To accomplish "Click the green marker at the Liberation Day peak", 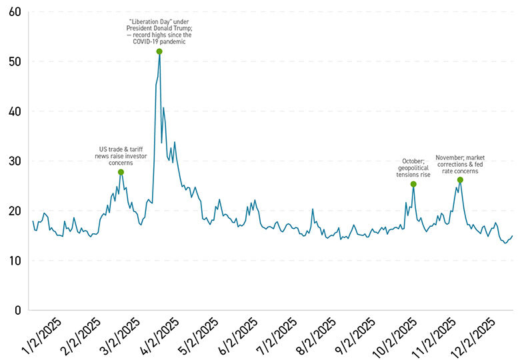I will coord(159,51).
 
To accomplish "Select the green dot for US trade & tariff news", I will coord(121,172).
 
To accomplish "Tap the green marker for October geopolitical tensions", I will coord(413,184).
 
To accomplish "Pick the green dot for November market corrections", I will coord(460,179).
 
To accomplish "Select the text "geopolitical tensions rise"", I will coord(413,171).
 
